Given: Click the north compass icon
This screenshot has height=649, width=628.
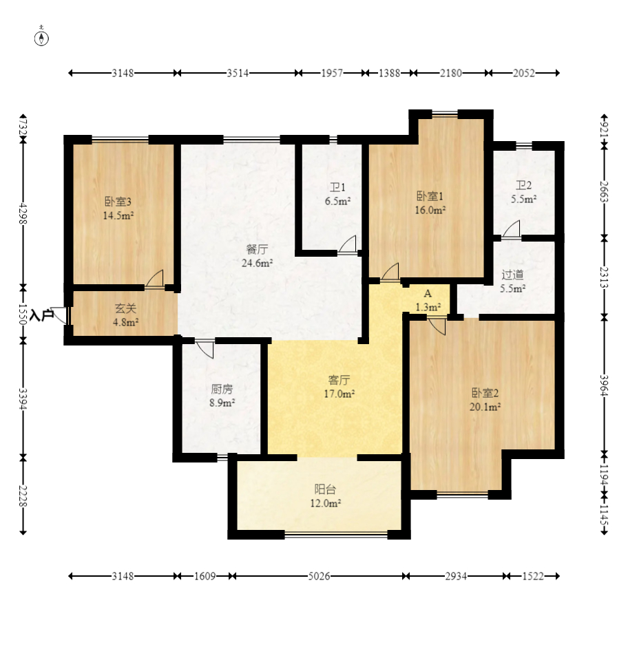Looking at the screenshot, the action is [x=41, y=36].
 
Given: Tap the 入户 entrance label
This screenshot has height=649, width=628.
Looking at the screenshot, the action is [x=42, y=315].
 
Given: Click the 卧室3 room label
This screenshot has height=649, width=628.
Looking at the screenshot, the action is [x=118, y=202].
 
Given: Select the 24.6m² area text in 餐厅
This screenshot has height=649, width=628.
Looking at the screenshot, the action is [x=258, y=263].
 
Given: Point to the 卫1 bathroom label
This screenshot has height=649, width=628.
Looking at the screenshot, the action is [x=337, y=187].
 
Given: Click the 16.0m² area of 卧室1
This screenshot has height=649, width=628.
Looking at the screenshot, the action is [x=430, y=210].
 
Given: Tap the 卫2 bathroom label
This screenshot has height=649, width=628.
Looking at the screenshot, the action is [x=523, y=185].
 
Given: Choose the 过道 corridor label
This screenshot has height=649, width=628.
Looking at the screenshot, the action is [x=512, y=275].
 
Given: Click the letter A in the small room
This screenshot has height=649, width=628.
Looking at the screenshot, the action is [x=428, y=293].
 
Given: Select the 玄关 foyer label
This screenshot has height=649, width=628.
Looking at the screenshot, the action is [x=125, y=308].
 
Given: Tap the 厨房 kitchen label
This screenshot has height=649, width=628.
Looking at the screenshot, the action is [x=222, y=389].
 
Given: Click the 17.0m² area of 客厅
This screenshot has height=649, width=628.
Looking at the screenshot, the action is [x=339, y=394].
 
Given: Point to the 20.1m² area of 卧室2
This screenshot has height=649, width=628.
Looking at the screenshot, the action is [x=485, y=407].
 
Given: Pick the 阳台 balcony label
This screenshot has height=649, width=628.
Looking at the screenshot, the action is [x=325, y=489].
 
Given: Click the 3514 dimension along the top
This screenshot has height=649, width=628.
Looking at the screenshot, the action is [x=238, y=73].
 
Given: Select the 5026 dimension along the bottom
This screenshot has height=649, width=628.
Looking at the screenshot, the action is [x=319, y=576].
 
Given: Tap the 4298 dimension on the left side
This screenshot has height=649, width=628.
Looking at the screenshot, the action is [x=23, y=213].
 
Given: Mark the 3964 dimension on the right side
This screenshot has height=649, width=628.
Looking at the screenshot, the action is [x=605, y=386].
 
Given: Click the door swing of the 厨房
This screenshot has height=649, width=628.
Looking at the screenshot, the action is [x=206, y=350].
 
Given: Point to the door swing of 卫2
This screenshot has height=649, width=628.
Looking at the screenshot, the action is [x=512, y=229].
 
